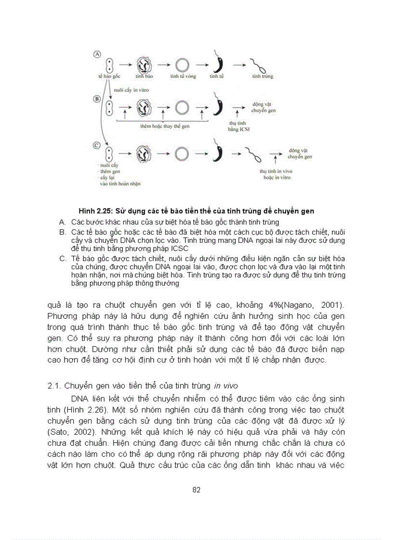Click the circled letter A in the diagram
(96, 55)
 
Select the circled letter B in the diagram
(96, 99)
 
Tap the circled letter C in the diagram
(96, 145)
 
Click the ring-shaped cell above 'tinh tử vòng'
(182, 64)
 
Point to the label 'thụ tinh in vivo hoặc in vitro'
(276, 174)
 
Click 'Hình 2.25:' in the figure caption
(95, 211)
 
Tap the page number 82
(196, 490)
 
